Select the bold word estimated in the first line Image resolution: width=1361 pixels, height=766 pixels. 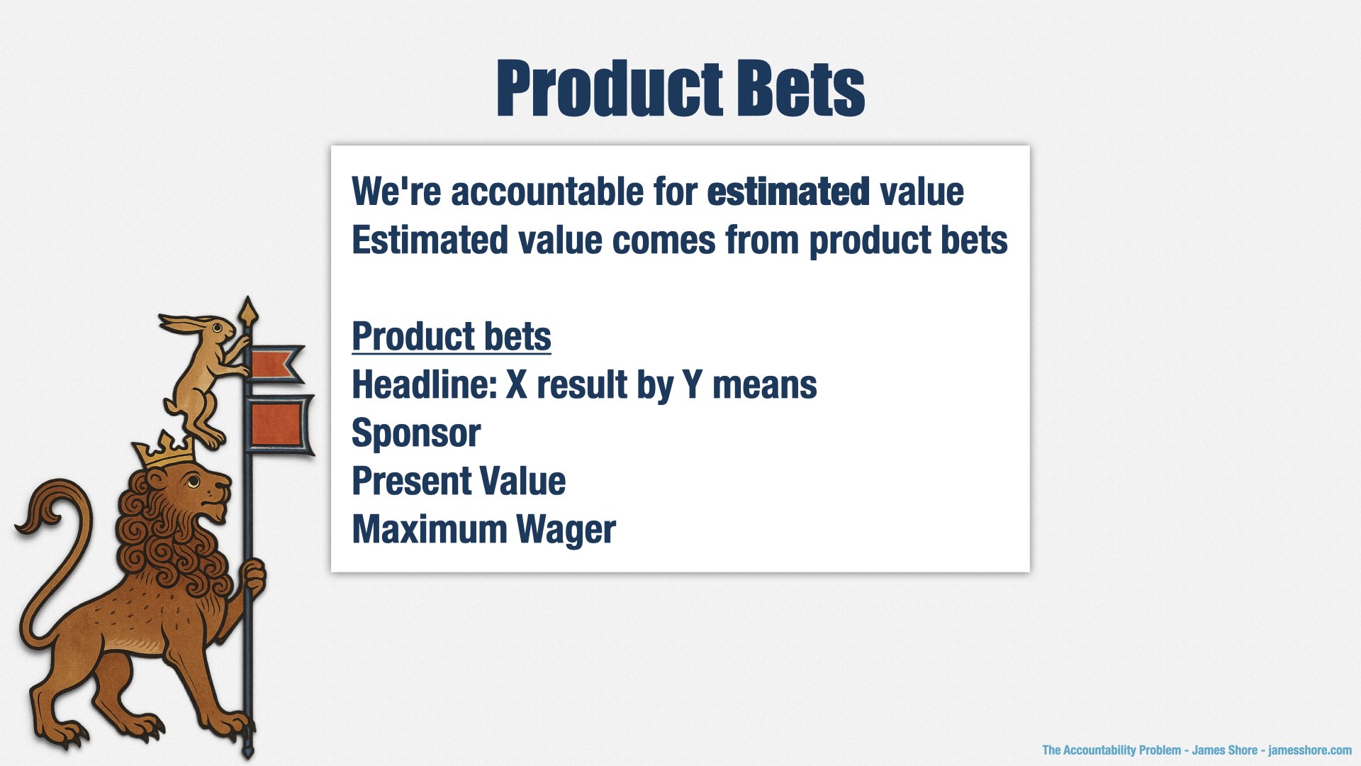(788, 191)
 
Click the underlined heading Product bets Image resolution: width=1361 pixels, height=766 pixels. (452, 336)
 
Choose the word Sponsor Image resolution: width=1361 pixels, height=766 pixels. (416, 434)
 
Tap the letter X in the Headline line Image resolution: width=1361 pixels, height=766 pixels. (517, 384)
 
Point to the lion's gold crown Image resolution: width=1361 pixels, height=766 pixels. (165, 451)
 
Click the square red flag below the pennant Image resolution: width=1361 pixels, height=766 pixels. (279, 425)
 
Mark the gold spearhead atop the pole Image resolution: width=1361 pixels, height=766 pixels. (247, 312)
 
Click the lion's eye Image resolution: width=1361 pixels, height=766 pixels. (194, 483)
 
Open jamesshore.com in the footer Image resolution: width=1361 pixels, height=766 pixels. (1309, 750)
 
